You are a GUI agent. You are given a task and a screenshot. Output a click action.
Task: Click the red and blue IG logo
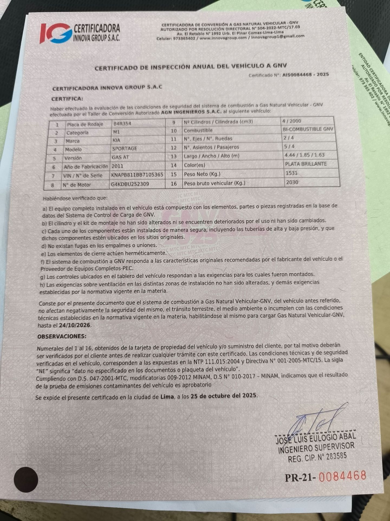tap(56, 33)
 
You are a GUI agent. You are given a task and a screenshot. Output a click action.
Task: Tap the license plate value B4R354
tap(122, 124)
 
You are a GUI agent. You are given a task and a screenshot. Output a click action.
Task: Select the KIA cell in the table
tap(116, 140)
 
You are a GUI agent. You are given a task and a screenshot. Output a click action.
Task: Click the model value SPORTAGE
tap(125, 149)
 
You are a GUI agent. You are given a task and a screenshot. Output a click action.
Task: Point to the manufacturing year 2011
tap(117, 166)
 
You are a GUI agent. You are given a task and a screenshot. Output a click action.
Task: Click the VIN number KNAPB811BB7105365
tap(137, 175)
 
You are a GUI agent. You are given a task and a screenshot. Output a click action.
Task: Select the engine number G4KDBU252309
tap(130, 184)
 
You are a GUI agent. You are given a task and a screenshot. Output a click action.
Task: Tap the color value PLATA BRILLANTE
tap(306, 164)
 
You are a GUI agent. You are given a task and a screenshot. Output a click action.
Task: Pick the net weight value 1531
tap(291, 173)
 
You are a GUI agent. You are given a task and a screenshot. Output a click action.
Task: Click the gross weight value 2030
tap(292, 182)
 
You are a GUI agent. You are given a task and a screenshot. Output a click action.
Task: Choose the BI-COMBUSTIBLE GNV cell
tap(308, 129)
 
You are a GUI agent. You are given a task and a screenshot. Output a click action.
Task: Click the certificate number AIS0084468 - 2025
tap(305, 75)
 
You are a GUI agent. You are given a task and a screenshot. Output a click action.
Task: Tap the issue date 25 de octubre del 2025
tap(223, 396)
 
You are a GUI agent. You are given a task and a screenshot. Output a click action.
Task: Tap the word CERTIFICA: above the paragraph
tap(67, 99)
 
